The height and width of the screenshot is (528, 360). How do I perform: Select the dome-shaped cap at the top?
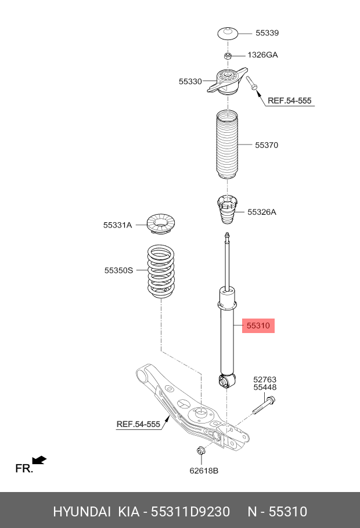(x=228, y=33)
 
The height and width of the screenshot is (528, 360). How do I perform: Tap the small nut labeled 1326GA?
(x=228, y=56)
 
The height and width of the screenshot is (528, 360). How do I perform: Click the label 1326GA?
(x=263, y=55)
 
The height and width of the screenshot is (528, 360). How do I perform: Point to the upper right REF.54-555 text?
(x=289, y=101)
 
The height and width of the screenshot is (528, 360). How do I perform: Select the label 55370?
(x=267, y=145)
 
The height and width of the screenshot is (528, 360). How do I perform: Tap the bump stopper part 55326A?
(x=227, y=212)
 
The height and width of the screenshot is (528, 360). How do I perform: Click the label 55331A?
(x=118, y=225)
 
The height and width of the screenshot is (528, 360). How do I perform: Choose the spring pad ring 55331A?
(x=160, y=225)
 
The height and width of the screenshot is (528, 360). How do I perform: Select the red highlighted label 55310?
(x=258, y=326)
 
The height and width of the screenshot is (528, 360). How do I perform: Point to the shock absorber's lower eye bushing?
(x=227, y=381)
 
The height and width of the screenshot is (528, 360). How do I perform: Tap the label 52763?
(x=264, y=379)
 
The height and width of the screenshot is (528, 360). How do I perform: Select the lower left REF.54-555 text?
(x=138, y=424)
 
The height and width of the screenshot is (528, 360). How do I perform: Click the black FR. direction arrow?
(x=39, y=461)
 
